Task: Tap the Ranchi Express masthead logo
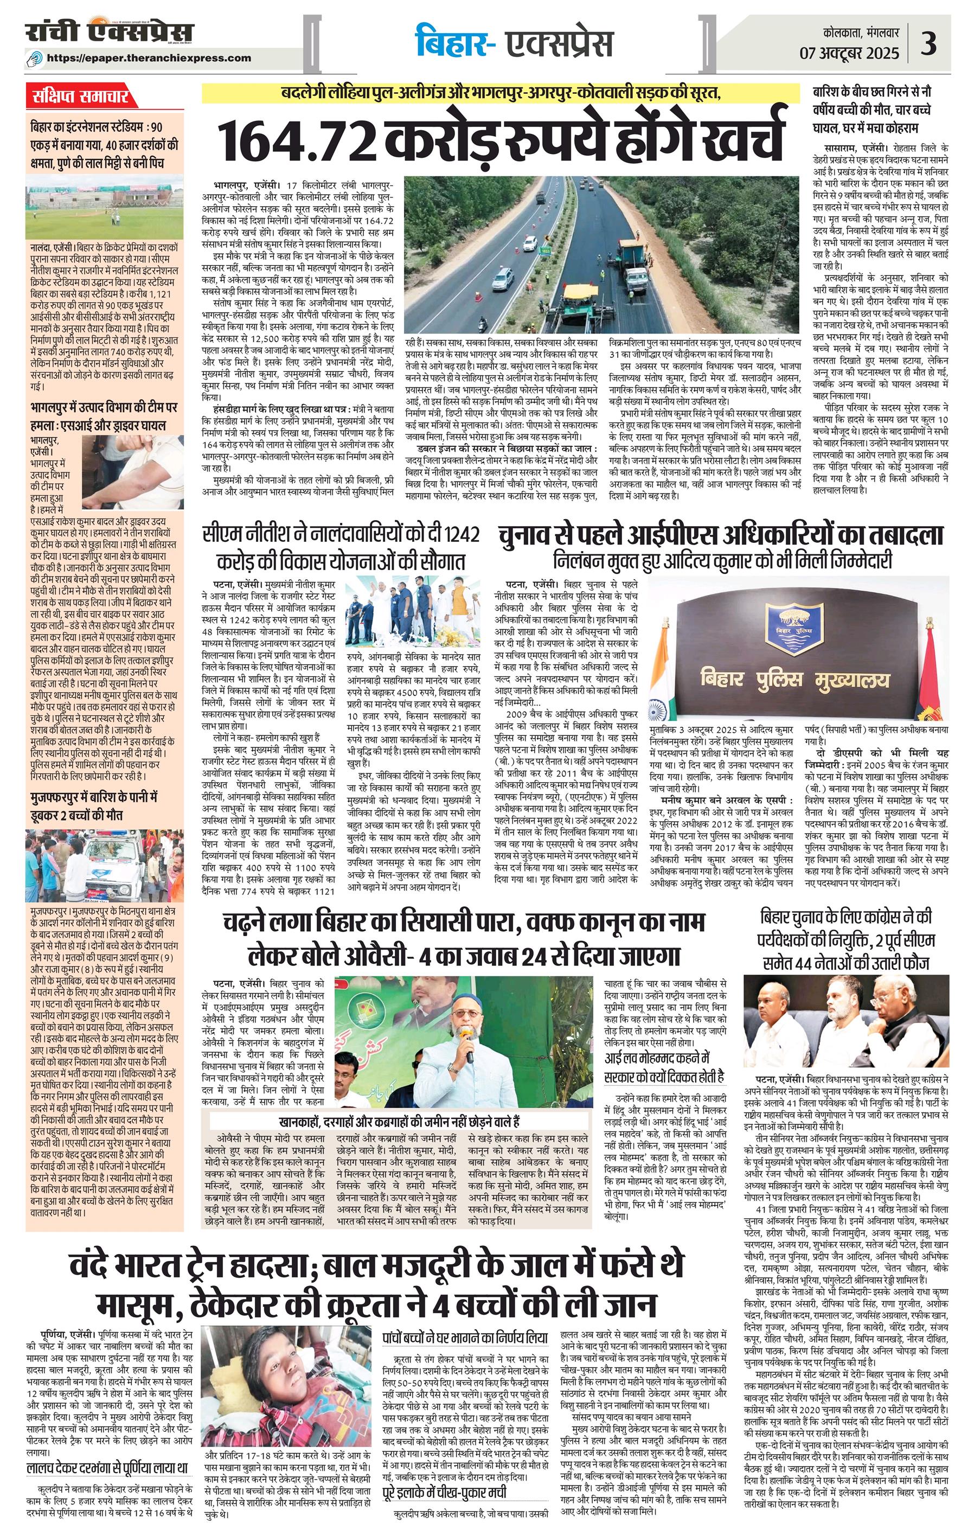(109, 33)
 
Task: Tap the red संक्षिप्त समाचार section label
(80, 97)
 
